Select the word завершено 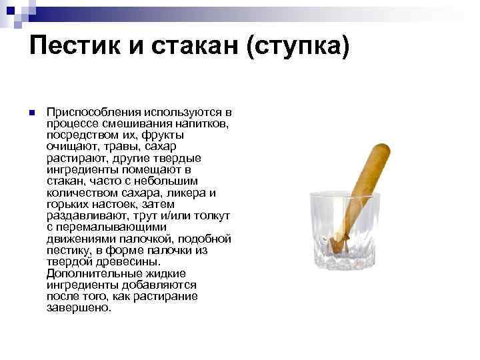coord(79,307)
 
